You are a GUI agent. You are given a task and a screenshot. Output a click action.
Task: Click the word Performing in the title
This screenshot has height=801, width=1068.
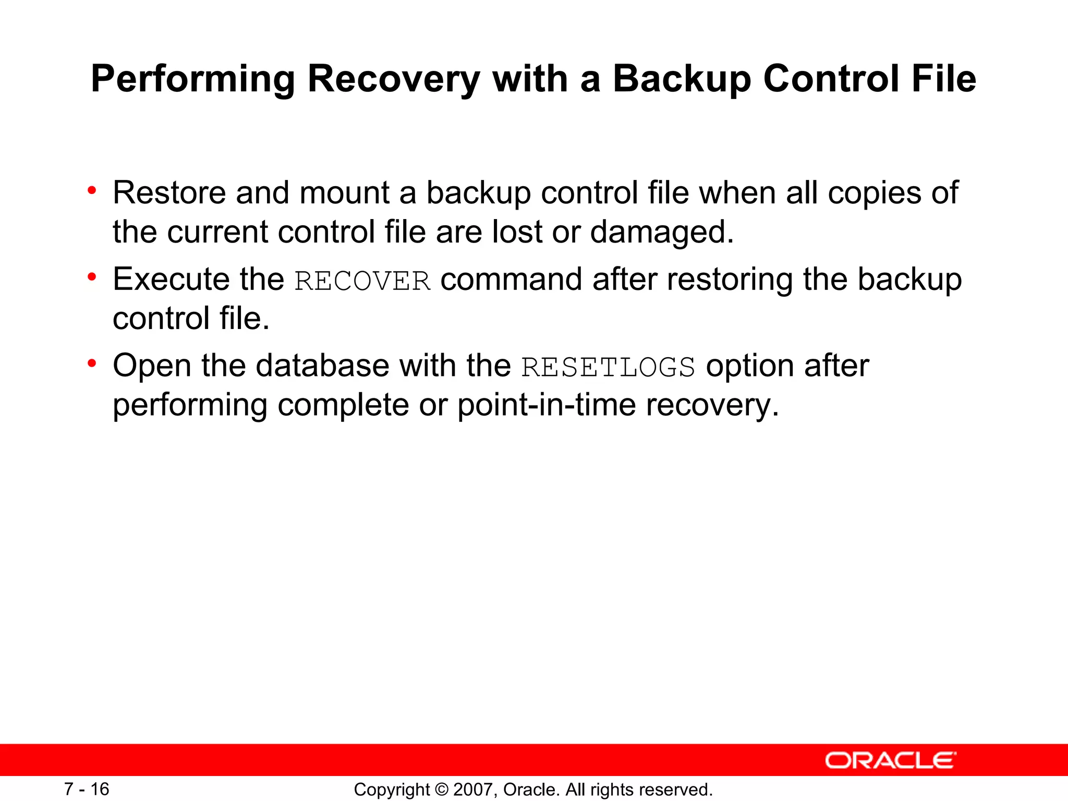point(193,79)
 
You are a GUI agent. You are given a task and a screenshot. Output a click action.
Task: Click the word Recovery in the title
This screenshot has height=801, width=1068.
point(394,79)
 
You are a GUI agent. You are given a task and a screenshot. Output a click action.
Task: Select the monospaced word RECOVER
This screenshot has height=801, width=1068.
point(363,281)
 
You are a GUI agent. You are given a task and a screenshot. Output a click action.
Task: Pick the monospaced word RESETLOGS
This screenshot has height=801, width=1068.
point(608,367)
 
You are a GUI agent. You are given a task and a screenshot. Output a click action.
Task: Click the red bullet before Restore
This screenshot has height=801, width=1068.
point(92,190)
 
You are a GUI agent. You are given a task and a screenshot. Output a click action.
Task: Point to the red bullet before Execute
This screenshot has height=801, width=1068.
point(92,277)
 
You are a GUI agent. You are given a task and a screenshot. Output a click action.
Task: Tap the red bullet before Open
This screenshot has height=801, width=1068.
point(92,363)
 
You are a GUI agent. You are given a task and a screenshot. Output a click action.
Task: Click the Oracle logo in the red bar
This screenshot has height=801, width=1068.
point(891,760)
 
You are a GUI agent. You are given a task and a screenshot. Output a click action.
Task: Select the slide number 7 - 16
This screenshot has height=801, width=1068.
point(87,789)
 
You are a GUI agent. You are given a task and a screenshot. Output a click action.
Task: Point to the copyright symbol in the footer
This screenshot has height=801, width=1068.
point(441,790)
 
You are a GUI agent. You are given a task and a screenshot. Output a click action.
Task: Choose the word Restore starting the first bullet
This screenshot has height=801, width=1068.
point(169,192)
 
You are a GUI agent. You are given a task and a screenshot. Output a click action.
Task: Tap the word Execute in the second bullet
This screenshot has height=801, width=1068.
point(171,279)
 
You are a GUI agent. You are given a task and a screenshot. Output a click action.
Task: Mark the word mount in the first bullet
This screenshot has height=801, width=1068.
point(344,193)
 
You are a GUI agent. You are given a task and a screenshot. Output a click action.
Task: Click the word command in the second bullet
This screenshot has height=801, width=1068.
point(512,280)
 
